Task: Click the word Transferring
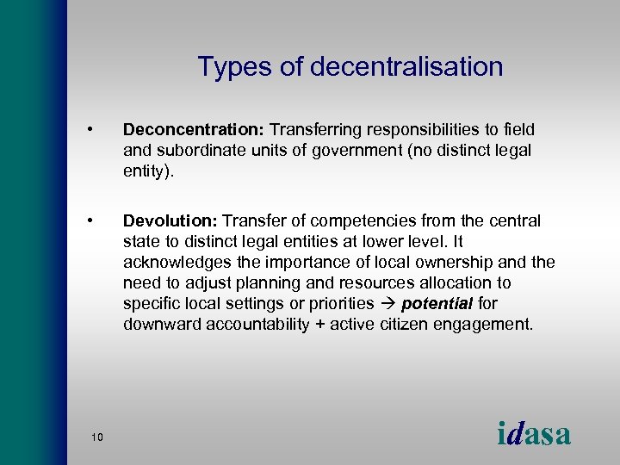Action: pyautogui.click(x=318, y=130)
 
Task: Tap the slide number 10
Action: pyautogui.click(x=96, y=437)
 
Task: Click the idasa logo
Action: pyautogui.click(x=534, y=432)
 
